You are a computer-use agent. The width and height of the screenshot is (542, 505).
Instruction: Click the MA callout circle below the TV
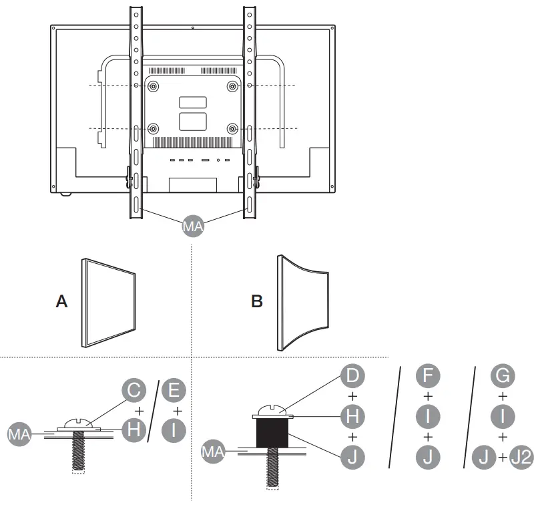point(192,226)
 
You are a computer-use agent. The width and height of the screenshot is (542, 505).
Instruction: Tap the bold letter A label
point(61,302)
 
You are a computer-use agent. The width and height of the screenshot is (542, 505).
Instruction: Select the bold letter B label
point(257,302)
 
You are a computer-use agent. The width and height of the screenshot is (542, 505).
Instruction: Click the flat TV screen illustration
point(109,302)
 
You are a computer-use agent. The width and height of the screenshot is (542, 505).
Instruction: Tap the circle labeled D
point(352,376)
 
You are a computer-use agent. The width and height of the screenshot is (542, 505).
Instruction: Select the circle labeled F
point(428,376)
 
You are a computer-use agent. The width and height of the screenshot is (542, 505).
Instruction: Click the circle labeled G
point(503,376)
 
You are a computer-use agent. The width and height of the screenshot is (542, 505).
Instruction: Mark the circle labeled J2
point(521,458)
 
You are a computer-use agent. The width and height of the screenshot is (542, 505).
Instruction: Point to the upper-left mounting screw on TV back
point(154,86)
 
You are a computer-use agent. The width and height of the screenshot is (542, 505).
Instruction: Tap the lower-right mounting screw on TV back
point(232,128)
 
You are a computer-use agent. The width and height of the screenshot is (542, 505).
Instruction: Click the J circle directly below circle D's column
point(352,458)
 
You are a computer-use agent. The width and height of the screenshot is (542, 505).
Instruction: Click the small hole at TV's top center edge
point(192,29)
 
